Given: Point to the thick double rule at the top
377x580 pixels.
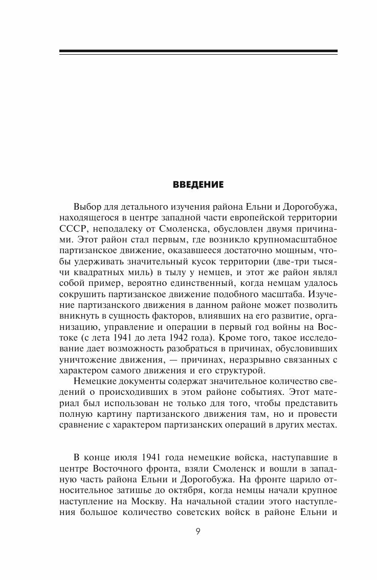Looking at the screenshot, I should (x=198, y=52).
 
